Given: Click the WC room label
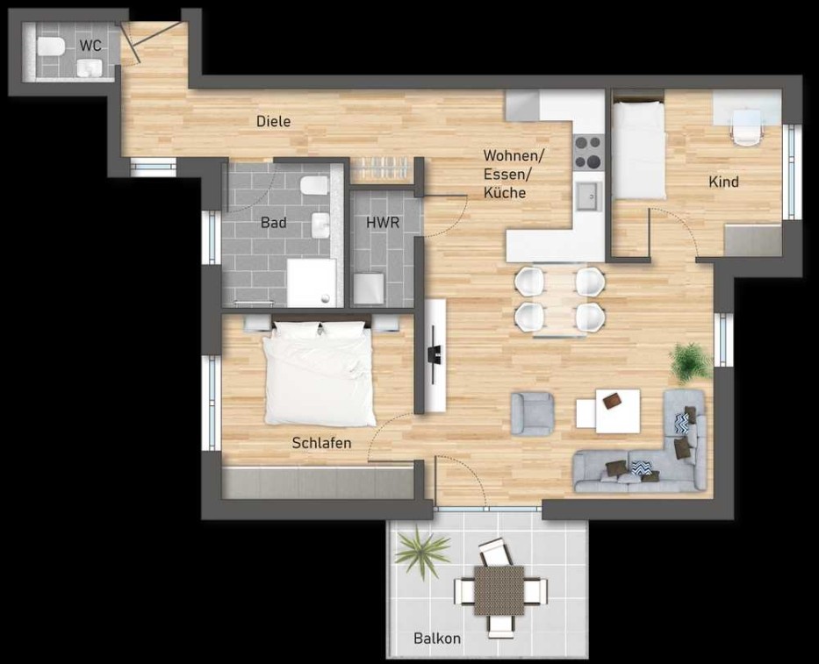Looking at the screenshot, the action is tap(90, 46).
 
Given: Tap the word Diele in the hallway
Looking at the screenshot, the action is tap(273, 122).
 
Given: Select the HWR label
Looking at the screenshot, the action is tap(383, 223).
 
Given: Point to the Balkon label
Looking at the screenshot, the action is tap(437, 639).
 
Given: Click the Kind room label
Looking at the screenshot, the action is tap(723, 182).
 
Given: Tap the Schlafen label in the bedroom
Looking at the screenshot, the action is tap(321, 443).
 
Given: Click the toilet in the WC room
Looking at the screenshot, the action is tap(51, 47).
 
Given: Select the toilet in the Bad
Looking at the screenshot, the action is tap(314, 186).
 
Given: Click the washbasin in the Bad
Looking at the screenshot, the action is tap(320, 226).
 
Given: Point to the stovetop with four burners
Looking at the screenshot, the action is tap(589, 152).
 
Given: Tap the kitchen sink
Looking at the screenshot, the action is tap(589, 196).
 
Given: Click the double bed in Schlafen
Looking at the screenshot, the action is tap(320, 374).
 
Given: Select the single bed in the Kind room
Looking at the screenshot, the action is tap(638, 150).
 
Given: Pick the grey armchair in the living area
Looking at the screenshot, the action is tap(532, 413).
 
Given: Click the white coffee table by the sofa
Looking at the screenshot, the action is tap(608, 411).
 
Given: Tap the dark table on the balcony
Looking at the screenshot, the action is tap(499, 590).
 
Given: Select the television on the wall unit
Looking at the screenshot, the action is tap(434, 353).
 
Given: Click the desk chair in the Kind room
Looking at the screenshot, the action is tap(747, 127).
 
